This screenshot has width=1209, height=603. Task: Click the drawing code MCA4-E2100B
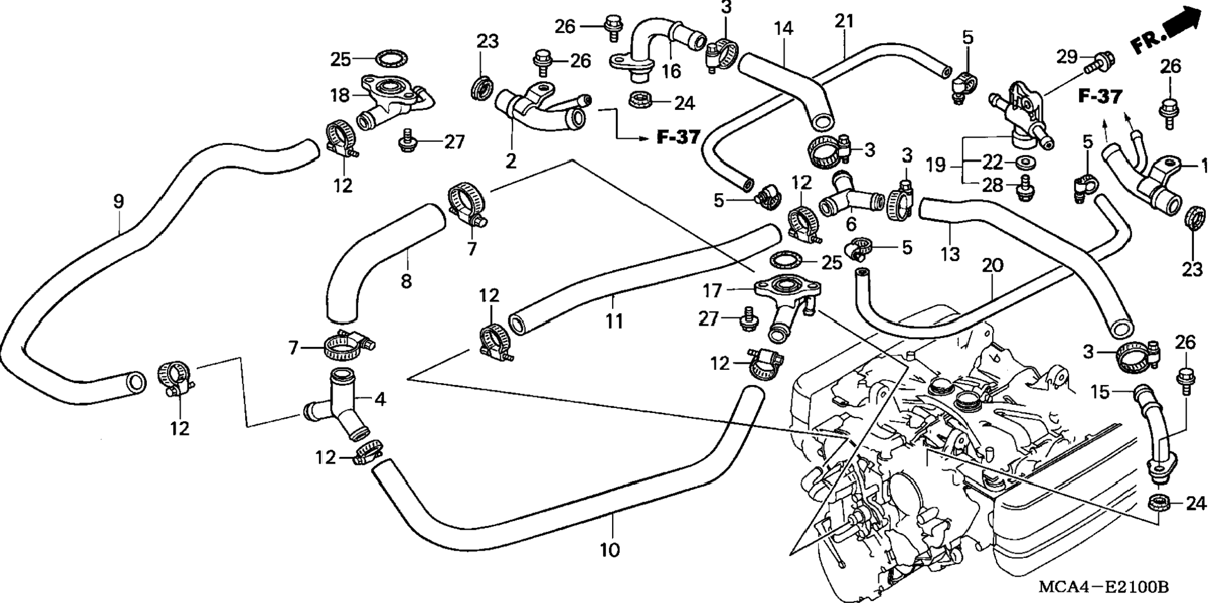pyautogui.click(x=1103, y=587)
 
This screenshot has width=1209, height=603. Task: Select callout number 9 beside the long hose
pyautogui.click(x=118, y=202)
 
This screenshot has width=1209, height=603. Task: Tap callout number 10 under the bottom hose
pyautogui.click(x=610, y=550)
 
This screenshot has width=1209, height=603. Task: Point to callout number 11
pyautogui.click(x=614, y=321)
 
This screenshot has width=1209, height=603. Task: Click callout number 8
pyautogui.click(x=406, y=281)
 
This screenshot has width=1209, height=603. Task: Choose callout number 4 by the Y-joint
pyautogui.click(x=379, y=399)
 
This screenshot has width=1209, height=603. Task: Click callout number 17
pyautogui.click(x=713, y=291)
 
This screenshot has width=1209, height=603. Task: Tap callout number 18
pyautogui.click(x=340, y=96)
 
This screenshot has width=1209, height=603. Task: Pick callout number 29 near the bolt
pyautogui.click(x=1067, y=57)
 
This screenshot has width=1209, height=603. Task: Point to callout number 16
pyautogui.click(x=671, y=71)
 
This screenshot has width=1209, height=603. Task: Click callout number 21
pyautogui.click(x=844, y=21)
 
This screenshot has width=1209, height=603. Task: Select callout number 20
pyautogui.click(x=992, y=265)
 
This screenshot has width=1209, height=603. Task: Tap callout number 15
pyautogui.click(x=1100, y=392)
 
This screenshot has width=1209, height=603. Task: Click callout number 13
pyautogui.click(x=950, y=254)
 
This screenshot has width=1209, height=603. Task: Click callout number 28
pyautogui.click(x=992, y=185)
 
